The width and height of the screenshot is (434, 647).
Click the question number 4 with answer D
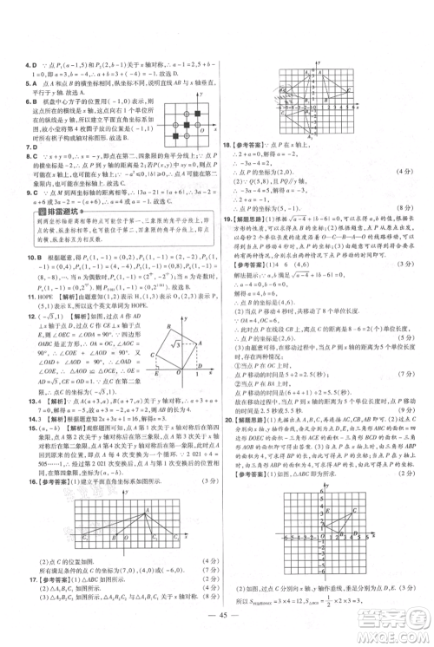pyautogui.click(x=29, y=63)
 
